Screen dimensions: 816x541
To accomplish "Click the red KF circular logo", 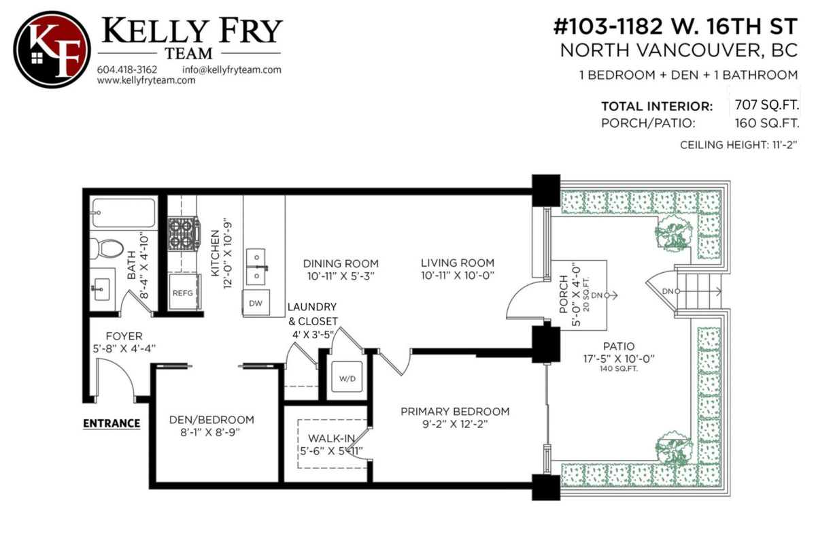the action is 52,50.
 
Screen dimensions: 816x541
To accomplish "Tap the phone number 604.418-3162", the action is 126,69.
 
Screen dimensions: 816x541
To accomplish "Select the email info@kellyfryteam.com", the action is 232,69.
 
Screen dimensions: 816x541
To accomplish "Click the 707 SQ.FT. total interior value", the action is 766,105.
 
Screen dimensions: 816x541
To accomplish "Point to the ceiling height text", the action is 738,145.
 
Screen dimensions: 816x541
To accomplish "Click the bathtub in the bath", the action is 124,213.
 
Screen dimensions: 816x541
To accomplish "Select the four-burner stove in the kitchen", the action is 184,233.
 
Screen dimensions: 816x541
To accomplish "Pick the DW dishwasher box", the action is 256,303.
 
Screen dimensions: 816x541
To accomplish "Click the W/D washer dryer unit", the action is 347,377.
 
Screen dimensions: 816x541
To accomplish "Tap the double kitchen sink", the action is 256,267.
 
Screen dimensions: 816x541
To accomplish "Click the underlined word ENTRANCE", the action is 112,423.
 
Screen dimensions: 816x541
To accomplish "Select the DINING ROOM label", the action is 341,263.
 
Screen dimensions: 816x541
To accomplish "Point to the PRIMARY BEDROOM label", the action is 455,412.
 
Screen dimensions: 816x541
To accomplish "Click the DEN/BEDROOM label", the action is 211,420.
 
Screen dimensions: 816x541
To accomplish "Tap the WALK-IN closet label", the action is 332,438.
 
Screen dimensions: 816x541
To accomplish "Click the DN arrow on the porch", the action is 611,295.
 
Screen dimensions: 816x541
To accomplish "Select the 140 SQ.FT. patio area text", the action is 619,369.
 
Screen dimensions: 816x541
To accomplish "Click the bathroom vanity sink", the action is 102,289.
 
